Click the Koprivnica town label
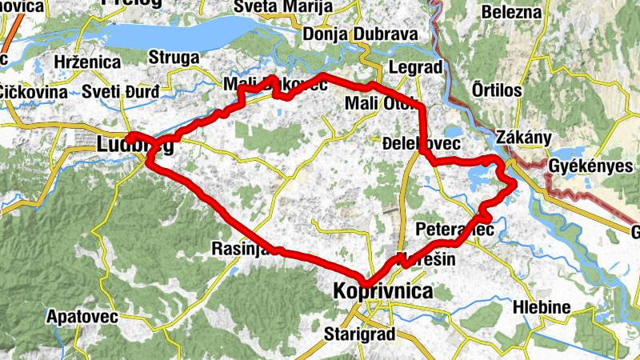(382, 292)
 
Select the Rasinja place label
(238, 249)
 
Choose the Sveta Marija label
(272, 7)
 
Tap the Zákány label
(524, 137)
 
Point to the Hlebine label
(542, 308)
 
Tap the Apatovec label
(82, 316)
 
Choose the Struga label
(174, 58)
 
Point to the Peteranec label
(456, 230)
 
